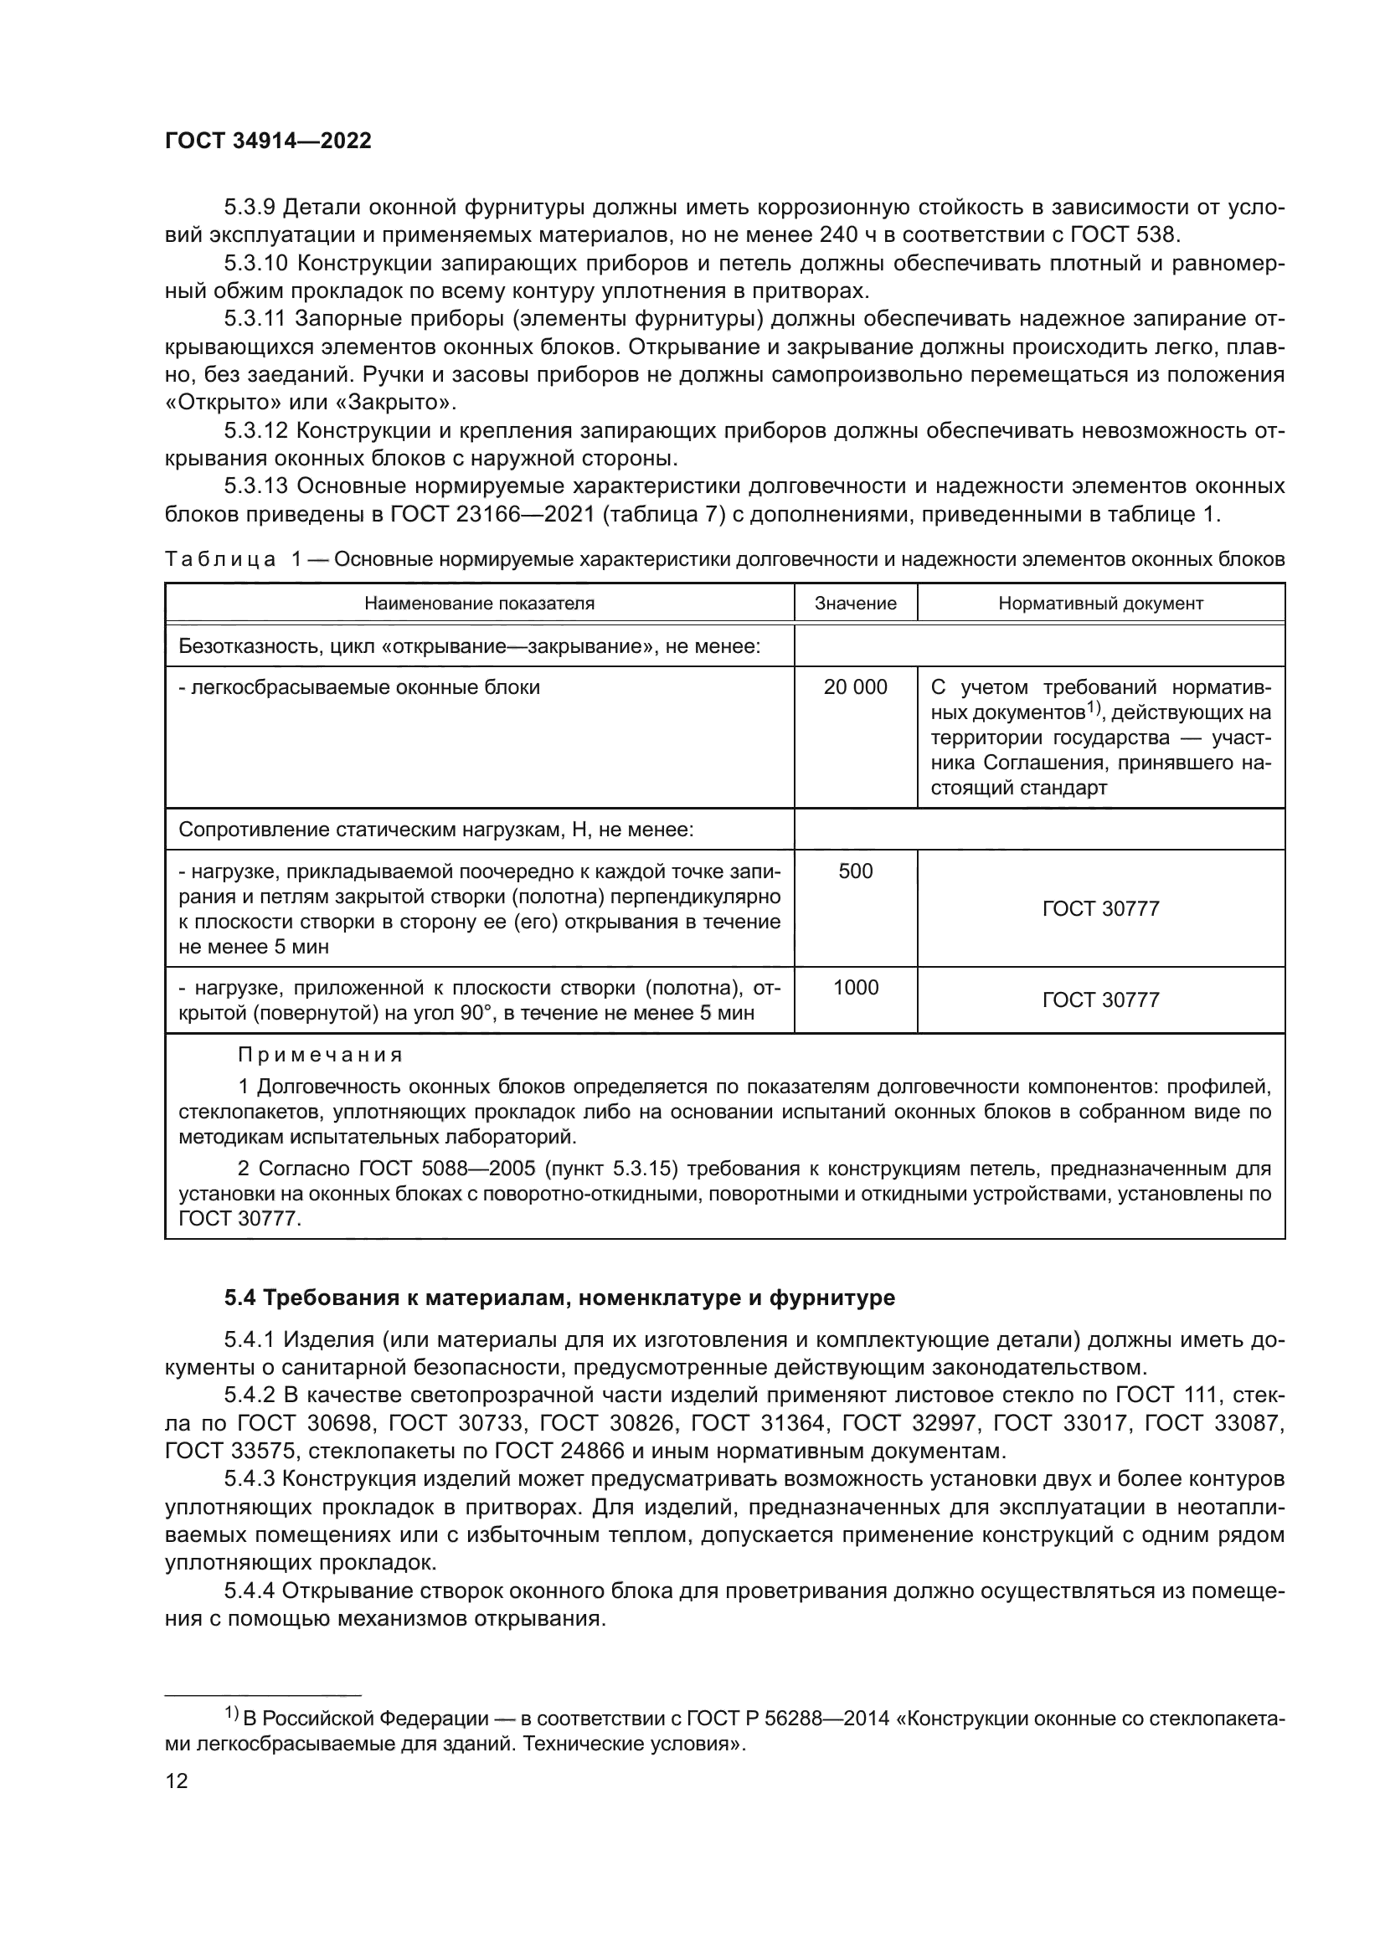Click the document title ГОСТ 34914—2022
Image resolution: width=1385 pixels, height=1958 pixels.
tap(268, 141)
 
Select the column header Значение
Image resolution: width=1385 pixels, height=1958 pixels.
tap(856, 603)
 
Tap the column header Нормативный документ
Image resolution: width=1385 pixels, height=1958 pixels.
tap(1100, 603)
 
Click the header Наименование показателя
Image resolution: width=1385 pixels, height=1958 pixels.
tap(479, 603)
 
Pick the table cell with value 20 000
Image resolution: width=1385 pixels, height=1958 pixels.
tap(856, 686)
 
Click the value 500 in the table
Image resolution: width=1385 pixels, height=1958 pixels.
tap(856, 871)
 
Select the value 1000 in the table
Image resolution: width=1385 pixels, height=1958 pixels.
tap(856, 987)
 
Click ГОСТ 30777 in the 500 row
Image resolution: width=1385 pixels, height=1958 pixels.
tap(1100, 908)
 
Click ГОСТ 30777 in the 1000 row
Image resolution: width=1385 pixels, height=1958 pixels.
tap(1100, 1000)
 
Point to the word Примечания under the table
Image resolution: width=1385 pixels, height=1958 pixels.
tap(320, 1055)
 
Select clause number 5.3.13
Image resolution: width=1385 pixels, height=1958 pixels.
tap(255, 486)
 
